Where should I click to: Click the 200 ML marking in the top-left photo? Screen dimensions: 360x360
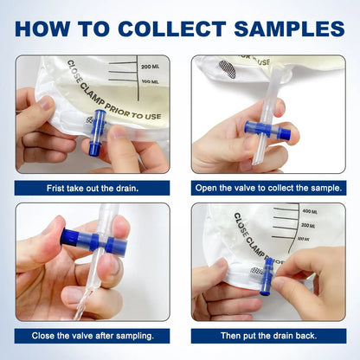tap(151, 66)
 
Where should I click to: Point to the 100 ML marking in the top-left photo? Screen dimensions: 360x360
tap(151, 80)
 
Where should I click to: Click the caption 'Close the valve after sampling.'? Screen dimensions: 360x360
tap(93, 336)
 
